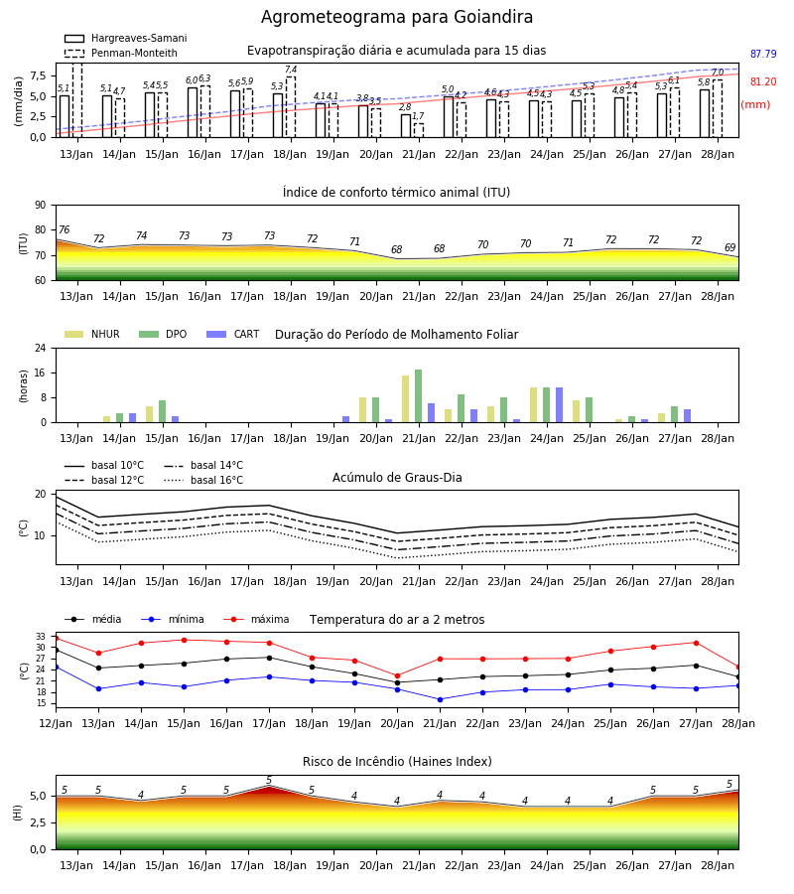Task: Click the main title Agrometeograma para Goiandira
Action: point(397,17)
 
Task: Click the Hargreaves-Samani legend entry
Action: point(126,38)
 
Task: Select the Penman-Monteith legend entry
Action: point(121,53)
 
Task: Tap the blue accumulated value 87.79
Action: point(763,55)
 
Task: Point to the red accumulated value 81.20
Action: point(763,81)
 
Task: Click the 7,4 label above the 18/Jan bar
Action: point(291,70)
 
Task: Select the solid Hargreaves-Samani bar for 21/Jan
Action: point(406,126)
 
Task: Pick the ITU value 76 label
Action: point(64,229)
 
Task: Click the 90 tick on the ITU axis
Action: point(41,206)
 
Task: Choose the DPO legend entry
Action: point(163,334)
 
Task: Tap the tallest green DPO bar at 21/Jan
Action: point(418,396)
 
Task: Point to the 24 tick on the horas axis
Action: point(41,348)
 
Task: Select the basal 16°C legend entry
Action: point(203,480)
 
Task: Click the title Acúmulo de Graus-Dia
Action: point(397,478)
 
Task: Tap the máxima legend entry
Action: point(256,619)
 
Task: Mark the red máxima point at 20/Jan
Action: point(398,676)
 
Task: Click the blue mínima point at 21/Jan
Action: point(441,699)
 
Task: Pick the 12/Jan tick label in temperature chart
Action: point(56,723)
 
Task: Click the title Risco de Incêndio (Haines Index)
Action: point(397,762)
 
